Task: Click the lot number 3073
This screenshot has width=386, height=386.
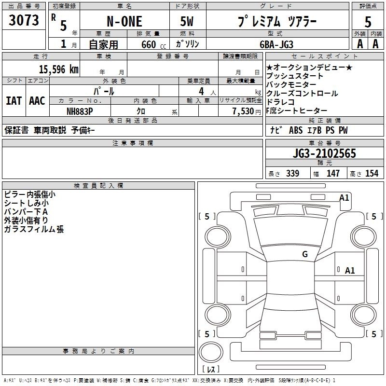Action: (24, 20)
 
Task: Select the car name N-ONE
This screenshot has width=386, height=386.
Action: (124, 21)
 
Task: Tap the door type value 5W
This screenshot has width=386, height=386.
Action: (187, 21)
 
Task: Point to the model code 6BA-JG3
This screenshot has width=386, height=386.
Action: (276, 44)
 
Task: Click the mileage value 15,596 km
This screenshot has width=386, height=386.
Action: (58, 69)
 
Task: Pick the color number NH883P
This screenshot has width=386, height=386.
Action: (80, 111)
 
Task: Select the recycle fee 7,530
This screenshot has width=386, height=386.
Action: (243, 111)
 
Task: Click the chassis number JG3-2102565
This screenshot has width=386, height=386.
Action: (324, 153)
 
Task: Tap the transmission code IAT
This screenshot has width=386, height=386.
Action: (14, 101)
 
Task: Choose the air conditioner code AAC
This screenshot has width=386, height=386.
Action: (37, 101)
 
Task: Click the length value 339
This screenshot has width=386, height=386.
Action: (292, 174)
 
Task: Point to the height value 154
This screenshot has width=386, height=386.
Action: (372, 174)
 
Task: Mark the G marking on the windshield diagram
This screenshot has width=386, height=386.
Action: (305, 254)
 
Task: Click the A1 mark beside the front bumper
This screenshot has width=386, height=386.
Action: (344, 198)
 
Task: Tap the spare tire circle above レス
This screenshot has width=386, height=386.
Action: (211, 352)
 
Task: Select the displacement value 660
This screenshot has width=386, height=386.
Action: (149, 44)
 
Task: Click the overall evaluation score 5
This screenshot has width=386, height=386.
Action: (368, 22)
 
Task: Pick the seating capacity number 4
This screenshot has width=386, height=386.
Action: (201, 92)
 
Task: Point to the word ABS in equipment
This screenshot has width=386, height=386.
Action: (296, 130)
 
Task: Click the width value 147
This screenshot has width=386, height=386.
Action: (333, 174)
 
